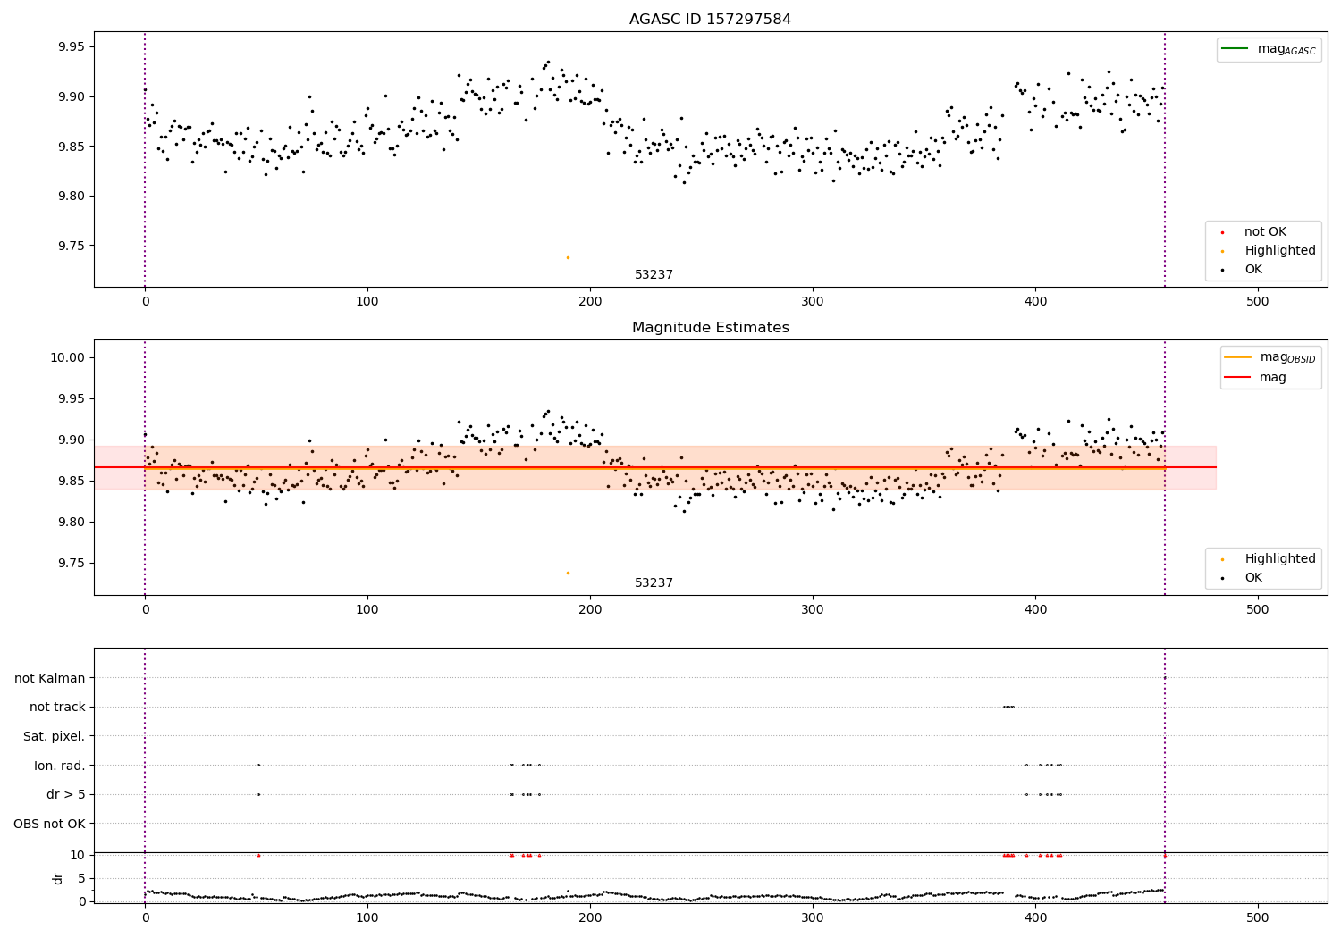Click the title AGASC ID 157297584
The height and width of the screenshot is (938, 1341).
[710, 20]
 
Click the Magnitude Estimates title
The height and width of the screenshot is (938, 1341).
[710, 328]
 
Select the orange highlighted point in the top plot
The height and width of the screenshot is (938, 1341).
[568, 257]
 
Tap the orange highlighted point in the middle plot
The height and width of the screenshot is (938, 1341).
[568, 573]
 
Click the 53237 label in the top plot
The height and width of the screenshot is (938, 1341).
[654, 275]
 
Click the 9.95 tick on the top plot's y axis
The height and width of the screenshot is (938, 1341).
[71, 46]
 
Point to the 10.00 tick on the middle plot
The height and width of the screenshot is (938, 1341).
[68, 357]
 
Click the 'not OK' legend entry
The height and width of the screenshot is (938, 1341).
[1265, 232]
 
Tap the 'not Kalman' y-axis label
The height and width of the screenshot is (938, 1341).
[49, 678]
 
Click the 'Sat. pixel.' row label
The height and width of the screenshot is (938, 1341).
[54, 736]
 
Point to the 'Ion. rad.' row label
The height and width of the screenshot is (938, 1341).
[59, 766]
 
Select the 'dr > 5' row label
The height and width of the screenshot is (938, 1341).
[65, 794]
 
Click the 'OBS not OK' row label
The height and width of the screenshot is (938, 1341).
[49, 824]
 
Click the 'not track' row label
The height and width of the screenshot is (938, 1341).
[57, 707]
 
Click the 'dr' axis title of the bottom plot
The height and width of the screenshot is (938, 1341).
[58, 878]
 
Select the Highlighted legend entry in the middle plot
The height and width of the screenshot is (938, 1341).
[1279, 559]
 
